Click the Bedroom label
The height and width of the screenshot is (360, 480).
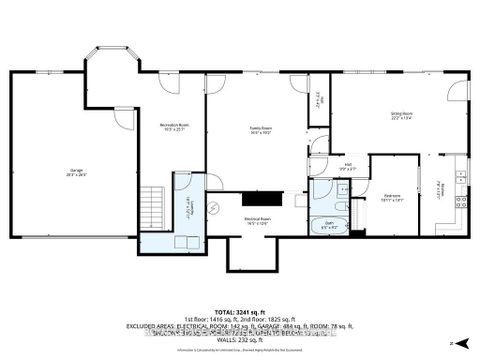click(x=393, y=197)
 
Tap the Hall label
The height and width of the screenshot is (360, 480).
click(x=348, y=166)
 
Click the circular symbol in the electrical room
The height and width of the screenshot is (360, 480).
click(x=212, y=207)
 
